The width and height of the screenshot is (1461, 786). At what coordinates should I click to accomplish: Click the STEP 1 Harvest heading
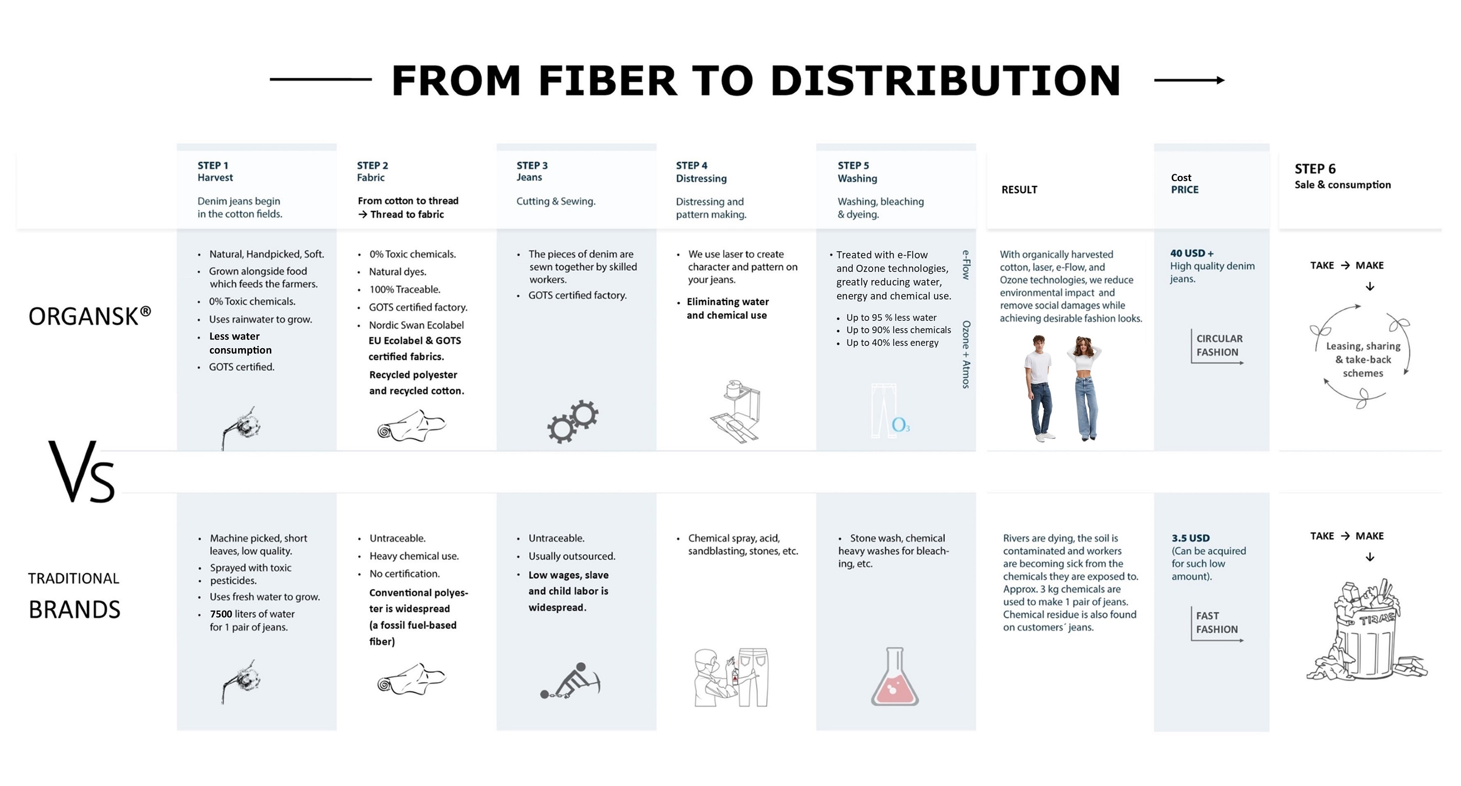tap(215, 171)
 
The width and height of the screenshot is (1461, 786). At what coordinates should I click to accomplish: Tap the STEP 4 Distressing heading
tap(701, 172)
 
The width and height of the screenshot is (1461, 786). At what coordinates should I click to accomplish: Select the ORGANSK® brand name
tap(90, 316)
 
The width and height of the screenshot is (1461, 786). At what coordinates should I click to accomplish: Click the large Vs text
tap(82, 471)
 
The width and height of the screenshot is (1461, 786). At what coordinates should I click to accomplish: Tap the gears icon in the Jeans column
tap(573, 421)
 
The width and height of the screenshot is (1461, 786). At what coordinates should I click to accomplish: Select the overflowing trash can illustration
tap(1367, 630)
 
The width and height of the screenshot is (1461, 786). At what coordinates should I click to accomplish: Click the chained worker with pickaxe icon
tap(570, 680)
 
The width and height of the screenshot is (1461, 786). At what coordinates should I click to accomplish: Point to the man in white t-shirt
tap(1039, 388)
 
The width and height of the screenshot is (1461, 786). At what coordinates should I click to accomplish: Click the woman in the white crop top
tap(1085, 388)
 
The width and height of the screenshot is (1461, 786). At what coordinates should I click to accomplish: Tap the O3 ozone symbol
tap(900, 425)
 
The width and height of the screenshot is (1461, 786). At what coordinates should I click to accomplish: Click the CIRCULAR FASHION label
tap(1219, 345)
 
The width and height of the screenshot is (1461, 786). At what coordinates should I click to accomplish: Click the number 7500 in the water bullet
tap(221, 614)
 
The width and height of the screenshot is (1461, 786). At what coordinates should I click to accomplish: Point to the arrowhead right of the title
tap(1220, 80)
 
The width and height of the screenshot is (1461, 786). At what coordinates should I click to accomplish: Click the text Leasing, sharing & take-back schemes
tap(1363, 359)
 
